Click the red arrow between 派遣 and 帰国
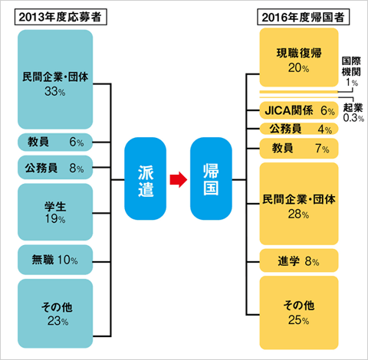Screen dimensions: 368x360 (179, 179)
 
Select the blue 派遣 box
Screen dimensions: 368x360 (145, 178)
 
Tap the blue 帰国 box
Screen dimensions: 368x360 (211, 178)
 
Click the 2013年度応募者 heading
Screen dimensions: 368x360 (61, 17)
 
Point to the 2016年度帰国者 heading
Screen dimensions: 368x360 (303, 17)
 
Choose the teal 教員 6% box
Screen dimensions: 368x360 (55, 142)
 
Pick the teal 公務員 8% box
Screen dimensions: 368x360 (55, 168)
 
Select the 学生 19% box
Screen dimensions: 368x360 (55, 212)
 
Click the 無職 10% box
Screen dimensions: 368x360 (55, 260)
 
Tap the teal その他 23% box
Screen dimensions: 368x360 (55, 313)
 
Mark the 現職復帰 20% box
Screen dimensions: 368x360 (299, 57)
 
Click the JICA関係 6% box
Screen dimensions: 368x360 (299, 110)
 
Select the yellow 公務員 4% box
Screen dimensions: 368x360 (299, 129)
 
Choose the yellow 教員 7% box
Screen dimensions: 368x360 (299, 149)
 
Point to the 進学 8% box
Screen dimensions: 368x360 (299, 260)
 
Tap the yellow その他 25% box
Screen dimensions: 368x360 (299, 313)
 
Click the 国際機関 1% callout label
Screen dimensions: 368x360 (351, 71)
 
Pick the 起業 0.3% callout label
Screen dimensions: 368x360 (353, 113)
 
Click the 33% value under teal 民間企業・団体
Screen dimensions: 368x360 (55, 91)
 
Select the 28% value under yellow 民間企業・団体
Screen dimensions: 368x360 (298, 214)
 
